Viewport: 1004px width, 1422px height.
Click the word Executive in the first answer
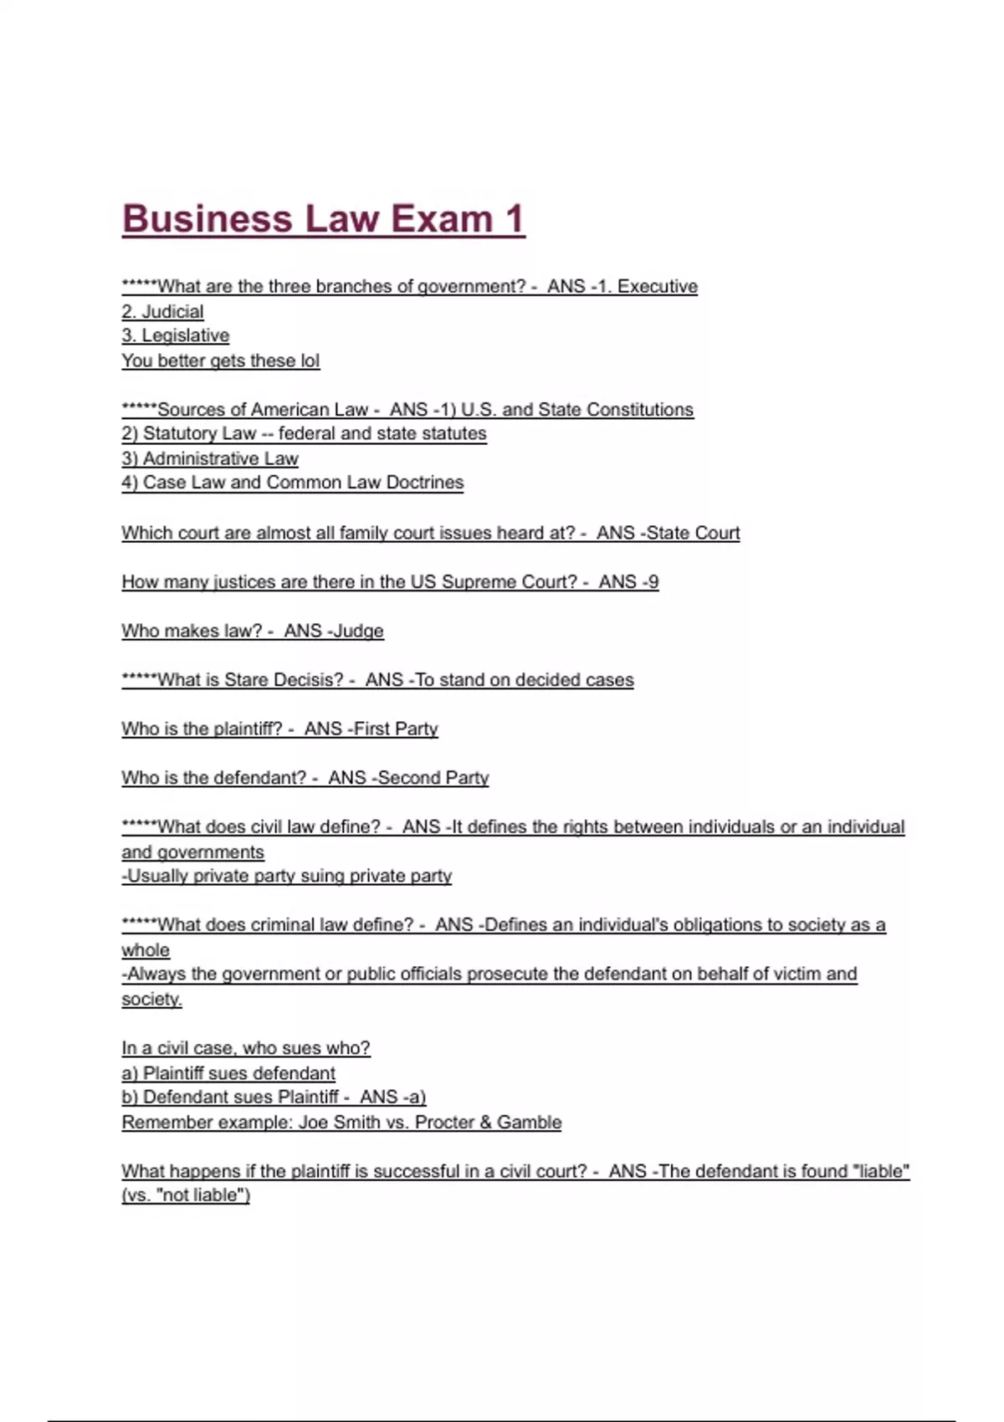[x=658, y=286]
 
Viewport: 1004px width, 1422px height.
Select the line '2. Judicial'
[x=162, y=311]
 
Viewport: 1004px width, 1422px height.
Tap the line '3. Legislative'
[x=175, y=335]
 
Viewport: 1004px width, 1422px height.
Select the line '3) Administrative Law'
[x=210, y=458]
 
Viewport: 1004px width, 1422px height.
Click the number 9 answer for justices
[x=653, y=581]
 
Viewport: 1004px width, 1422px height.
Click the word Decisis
[x=309, y=679]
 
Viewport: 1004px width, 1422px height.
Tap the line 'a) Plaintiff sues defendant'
[x=228, y=1072]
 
